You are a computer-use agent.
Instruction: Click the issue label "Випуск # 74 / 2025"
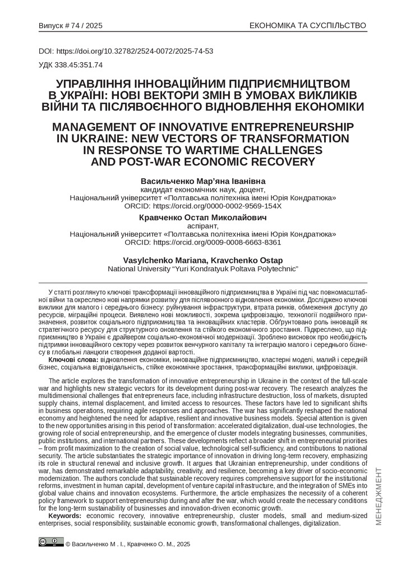tap(71, 26)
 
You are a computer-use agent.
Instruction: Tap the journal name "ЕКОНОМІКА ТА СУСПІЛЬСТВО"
tap(307, 26)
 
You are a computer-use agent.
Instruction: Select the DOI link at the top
tap(126, 51)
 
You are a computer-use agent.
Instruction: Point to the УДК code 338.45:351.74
tap(71, 64)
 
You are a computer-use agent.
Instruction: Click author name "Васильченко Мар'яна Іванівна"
tap(202, 182)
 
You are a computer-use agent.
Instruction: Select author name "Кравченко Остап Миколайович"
tap(202, 217)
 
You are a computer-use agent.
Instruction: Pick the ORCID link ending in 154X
tap(202, 206)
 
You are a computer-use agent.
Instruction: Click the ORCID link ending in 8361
tap(202, 243)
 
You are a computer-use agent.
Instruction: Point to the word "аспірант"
tap(202, 226)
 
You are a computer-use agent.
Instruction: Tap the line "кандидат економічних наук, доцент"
tap(202, 190)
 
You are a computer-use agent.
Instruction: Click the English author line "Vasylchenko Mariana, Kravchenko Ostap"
tap(202, 260)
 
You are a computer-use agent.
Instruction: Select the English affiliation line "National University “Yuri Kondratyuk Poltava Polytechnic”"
tap(202, 269)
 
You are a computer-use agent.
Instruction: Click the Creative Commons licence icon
tap(51, 541)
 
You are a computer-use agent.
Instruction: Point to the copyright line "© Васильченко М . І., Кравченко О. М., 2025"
tap(128, 544)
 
